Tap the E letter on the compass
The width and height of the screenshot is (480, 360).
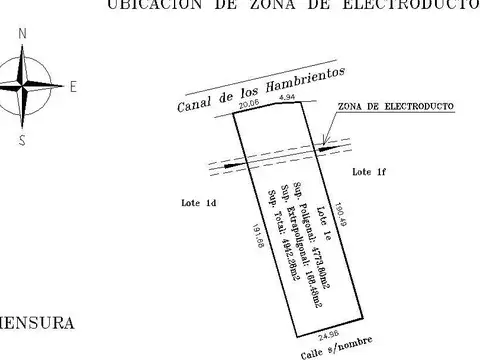[72, 87]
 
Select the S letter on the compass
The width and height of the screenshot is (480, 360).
[22, 140]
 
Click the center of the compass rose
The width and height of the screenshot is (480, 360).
[22, 88]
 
